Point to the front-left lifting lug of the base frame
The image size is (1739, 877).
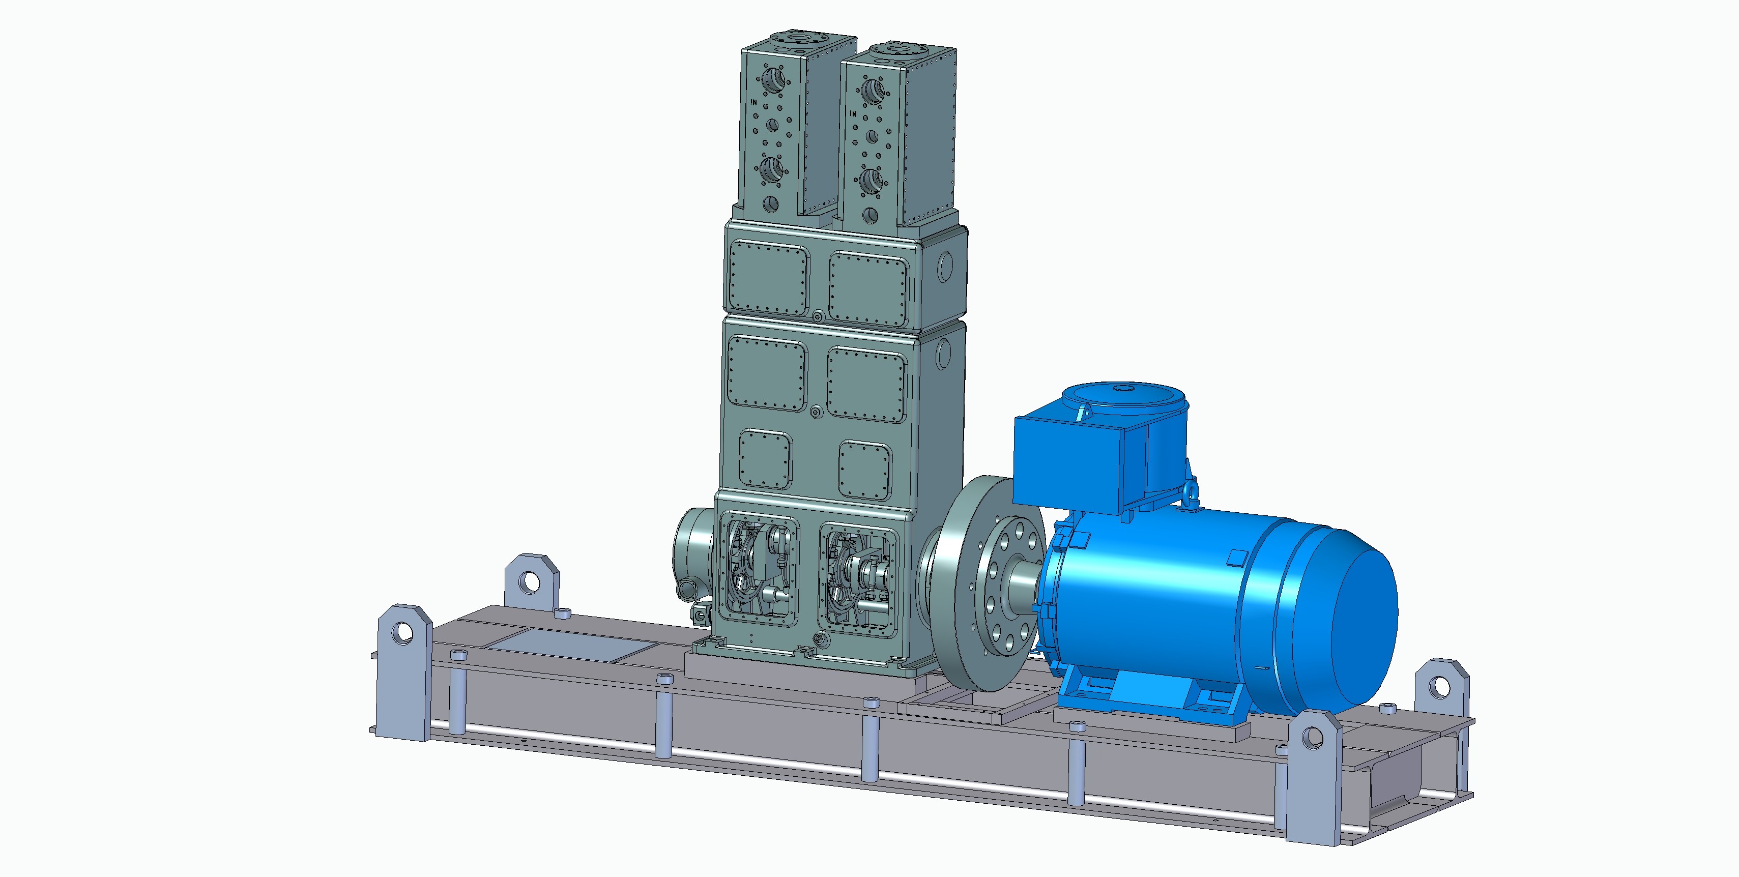403,672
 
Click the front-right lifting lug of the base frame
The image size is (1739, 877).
1313,776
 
